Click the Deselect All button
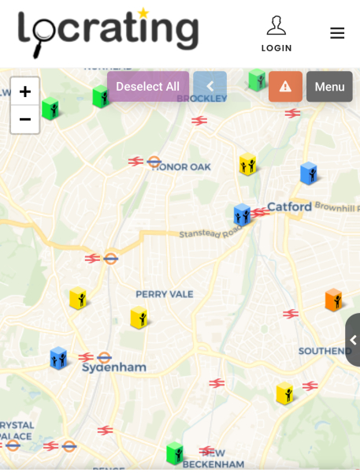(148, 87)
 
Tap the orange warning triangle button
(285, 87)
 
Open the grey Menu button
(329, 87)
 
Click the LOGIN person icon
(276, 26)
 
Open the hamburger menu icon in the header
(337, 33)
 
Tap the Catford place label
(289, 207)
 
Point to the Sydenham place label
(114, 367)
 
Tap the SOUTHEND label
(325, 351)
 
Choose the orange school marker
(333, 300)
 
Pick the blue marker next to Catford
(241, 214)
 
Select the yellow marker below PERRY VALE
(139, 318)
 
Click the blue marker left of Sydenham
(58, 358)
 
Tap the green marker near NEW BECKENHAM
(174, 453)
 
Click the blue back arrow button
(210, 87)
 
